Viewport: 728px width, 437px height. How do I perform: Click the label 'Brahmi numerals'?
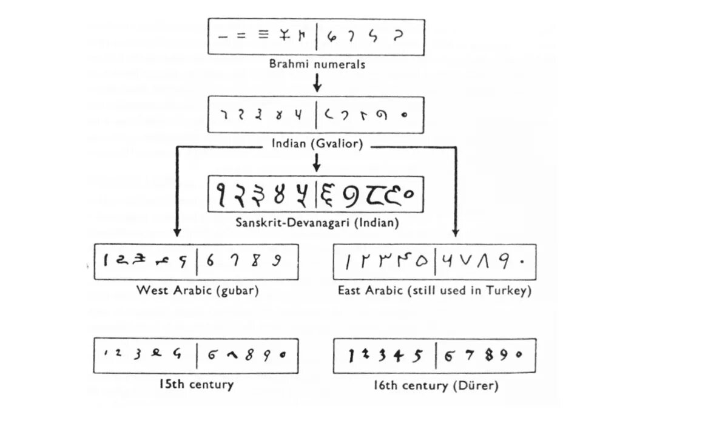[x=317, y=64]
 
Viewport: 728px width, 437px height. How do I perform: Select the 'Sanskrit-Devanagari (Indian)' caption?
[x=317, y=223]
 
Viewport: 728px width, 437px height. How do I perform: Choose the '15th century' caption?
[x=196, y=384]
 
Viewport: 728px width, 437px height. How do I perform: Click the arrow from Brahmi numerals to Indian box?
[x=317, y=82]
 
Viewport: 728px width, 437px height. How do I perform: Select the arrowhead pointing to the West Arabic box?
[x=177, y=231]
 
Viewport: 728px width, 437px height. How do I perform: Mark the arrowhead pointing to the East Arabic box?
[x=456, y=231]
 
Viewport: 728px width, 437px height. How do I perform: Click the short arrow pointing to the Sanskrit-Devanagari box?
[x=317, y=163]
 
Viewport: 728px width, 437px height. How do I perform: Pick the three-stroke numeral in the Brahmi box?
[x=263, y=35]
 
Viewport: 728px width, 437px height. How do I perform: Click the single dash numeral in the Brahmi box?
[x=223, y=36]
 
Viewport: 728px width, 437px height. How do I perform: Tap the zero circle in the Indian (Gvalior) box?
[x=404, y=115]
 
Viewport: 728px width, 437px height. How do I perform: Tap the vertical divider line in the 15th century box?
[x=197, y=356]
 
